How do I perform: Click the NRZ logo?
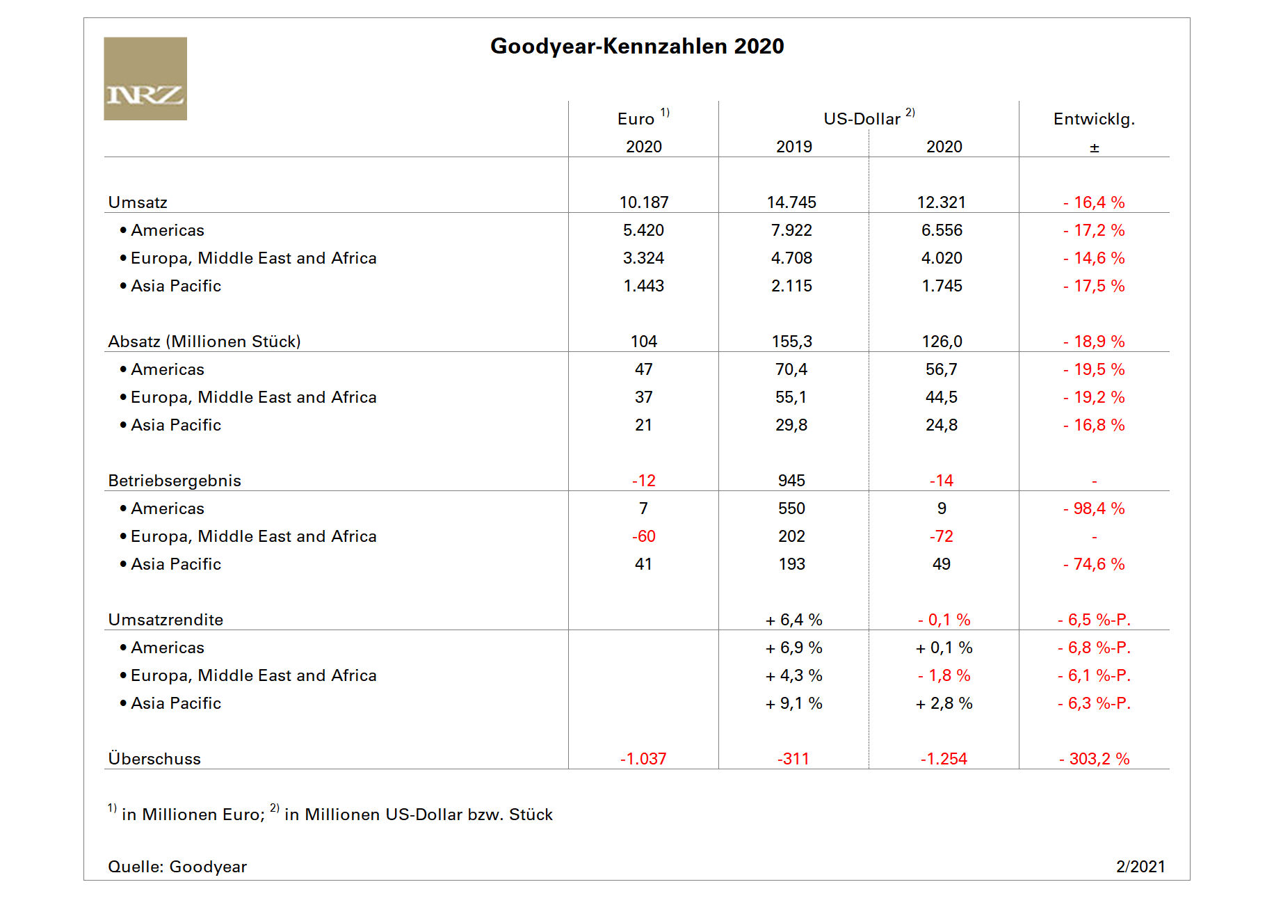click(x=145, y=79)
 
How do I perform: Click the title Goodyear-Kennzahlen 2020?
click(x=637, y=46)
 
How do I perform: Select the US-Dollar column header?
click(x=862, y=119)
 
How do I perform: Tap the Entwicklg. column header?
click(x=1094, y=119)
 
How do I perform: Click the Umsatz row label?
click(x=138, y=202)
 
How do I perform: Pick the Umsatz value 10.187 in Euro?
click(x=644, y=202)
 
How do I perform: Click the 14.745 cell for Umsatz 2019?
click(x=791, y=202)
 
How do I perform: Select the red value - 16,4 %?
click(x=1094, y=202)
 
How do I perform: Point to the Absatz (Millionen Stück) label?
click(x=204, y=342)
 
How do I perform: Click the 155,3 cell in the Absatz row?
click(x=792, y=342)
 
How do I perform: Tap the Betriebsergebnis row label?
click(x=175, y=481)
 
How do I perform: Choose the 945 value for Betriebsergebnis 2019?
click(x=792, y=481)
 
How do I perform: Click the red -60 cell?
click(x=644, y=536)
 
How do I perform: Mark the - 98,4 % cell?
click(x=1094, y=508)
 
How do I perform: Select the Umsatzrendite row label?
click(x=166, y=620)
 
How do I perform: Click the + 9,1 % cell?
click(x=793, y=703)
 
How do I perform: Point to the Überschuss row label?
click(x=154, y=759)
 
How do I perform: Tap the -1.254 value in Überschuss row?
click(x=944, y=759)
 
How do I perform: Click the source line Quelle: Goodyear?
click(x=177, y=867)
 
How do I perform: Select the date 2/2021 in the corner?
click(x=1140, y=867)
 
